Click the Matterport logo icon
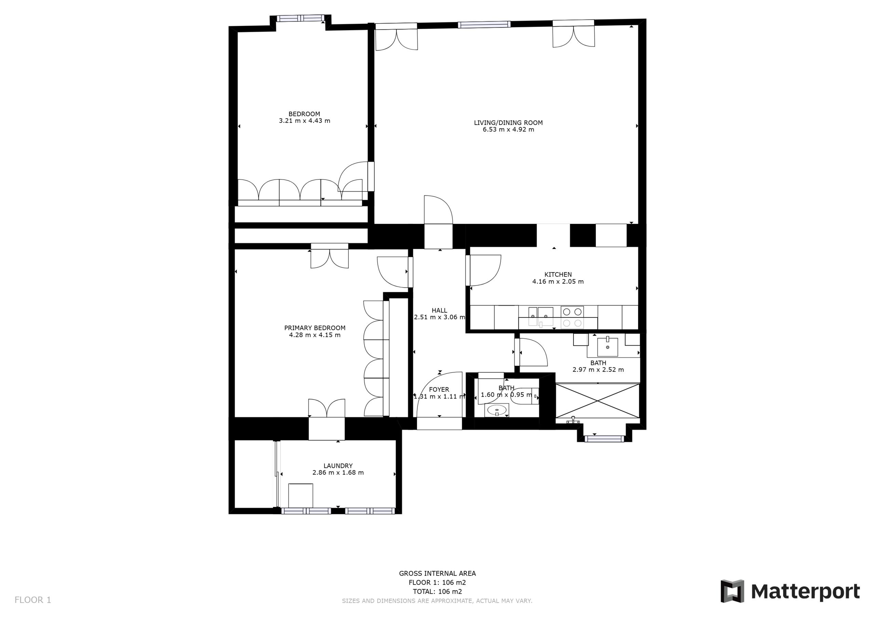click(732, 591)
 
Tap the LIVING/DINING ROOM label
click(508, 123)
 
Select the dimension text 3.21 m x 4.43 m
click(305, 121)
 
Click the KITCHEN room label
click(558, 275)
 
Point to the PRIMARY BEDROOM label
click(315, 328)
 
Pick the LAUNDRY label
click(338, 466)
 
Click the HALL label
click(440, 310)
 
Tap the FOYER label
click(439, 390)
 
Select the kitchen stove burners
click(572, 317)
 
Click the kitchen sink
click(541, 317)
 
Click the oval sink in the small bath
click(497, 410)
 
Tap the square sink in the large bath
click(607, 347)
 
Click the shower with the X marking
click(597, 401)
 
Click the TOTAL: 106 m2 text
click(437, 591)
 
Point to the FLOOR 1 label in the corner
click(33, 600)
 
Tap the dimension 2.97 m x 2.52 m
click(598, 370)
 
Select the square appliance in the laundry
click(301, 495)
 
